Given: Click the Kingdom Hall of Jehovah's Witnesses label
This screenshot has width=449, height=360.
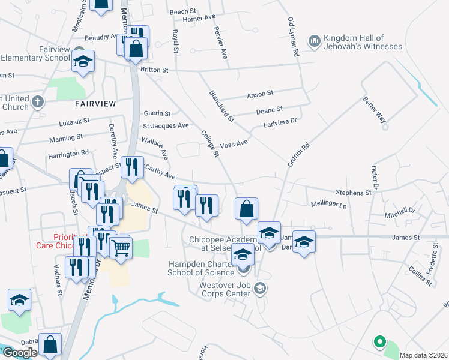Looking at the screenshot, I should [x=363, y=41].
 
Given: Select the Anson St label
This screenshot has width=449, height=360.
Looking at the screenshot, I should [x=260, y=94].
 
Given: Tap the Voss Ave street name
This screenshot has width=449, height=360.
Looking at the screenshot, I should [x=234, y=144].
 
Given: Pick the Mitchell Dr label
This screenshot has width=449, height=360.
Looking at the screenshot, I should [x=400, y=212].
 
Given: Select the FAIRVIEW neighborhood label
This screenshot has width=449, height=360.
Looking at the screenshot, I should [x=95, y=103].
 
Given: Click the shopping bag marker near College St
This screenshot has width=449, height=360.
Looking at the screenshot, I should [x=246, y=209].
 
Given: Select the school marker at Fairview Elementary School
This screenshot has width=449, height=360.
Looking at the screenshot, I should [x=83, y=62].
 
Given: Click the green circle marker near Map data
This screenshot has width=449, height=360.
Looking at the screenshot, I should [x=379, y=342].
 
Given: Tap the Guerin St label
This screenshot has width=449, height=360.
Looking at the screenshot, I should [x=157, y=113].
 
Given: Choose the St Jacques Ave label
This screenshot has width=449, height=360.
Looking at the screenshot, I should [x=166, y=126].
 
